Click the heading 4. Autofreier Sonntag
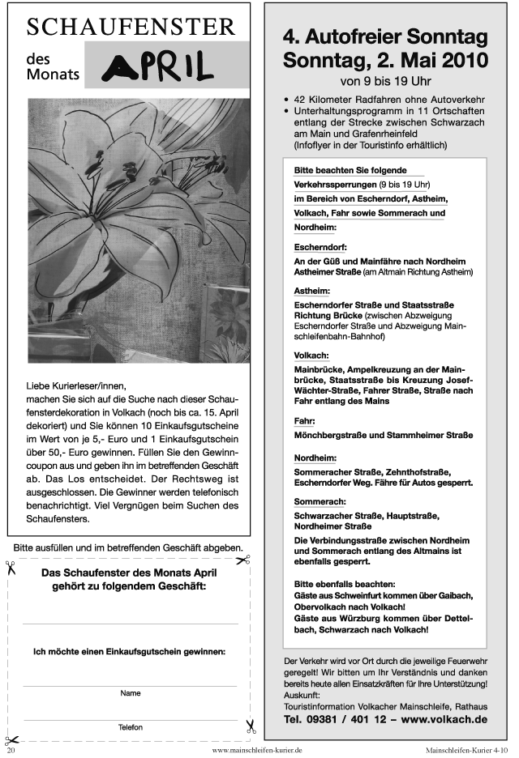[x=385, y=37]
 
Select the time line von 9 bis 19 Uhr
[x=385, y=81]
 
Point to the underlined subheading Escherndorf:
[x=322, y=246]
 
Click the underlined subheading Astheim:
[x=312, y=289]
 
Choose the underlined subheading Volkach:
[x=311, y=355]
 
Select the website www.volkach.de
[x=444, y=718]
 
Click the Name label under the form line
[x=131, y=693]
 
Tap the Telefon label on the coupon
[x=131, y=727]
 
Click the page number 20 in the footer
[x=11, y=750]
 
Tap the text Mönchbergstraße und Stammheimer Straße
[x=383, y=435]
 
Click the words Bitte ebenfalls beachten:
[x=345, y=583]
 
